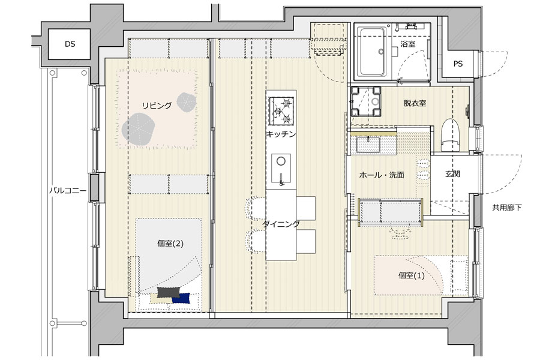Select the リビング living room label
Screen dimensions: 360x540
157,106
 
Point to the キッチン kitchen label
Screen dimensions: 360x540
281,134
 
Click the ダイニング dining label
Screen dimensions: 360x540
280,224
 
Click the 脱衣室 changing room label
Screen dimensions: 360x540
415,103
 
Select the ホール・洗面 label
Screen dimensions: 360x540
381,176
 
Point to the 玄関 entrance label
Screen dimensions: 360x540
453,175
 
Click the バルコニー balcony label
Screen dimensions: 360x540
68,191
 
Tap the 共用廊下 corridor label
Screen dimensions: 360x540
507,208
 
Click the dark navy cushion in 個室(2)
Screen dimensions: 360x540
181,298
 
